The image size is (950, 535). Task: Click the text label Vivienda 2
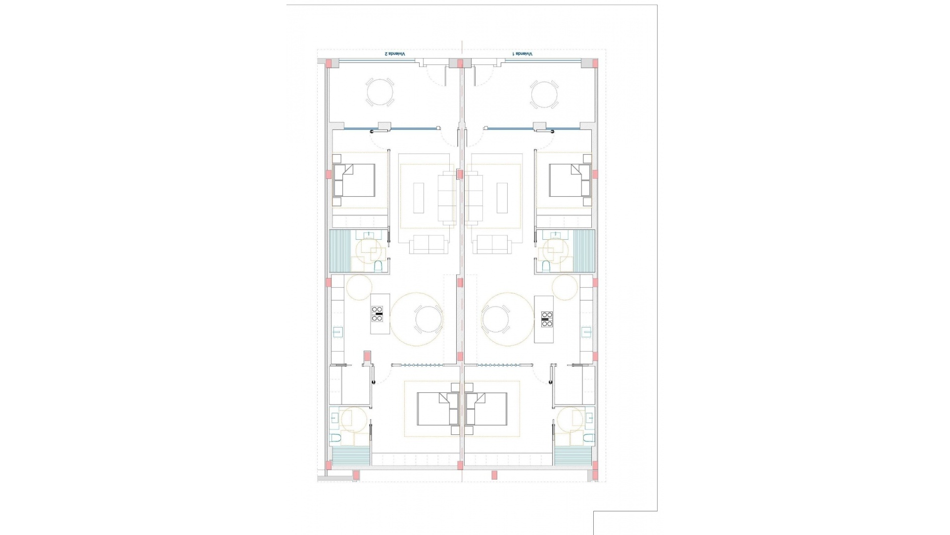tap(395, 53)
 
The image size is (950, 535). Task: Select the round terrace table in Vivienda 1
tap(544, 94)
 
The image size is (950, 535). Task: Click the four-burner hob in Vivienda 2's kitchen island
tap(377, 314)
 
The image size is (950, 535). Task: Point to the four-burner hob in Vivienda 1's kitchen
tap(547, 319)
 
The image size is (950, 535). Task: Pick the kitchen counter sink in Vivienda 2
tap(338, 331)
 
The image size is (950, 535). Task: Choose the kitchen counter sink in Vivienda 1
tap(586, 331)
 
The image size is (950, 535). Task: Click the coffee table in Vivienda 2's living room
tap(419, 198)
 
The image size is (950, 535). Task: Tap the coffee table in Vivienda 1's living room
tap(502, 198)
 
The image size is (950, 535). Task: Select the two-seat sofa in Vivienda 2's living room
tap(428, 244)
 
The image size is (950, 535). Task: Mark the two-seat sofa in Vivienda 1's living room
tap(493, 244)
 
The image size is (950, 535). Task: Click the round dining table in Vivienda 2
tap(428, 319)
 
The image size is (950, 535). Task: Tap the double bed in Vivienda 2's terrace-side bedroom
tap(354, 180)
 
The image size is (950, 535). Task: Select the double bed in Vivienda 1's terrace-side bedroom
tap(570, 180)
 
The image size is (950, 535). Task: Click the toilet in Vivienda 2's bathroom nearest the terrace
tap(379, 267)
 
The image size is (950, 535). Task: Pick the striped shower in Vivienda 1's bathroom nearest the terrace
tap(584, 251)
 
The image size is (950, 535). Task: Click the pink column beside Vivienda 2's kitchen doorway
tap(367, 356)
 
